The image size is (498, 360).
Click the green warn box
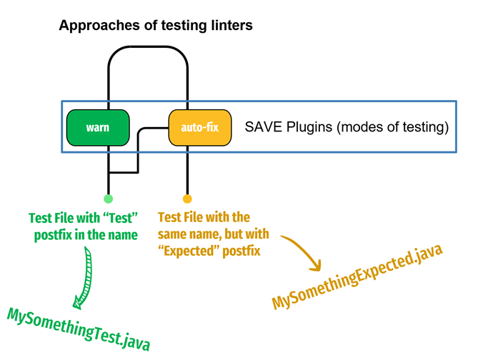tap(98, 128)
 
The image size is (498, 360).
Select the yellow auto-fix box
tap(201, 129)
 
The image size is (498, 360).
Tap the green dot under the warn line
tap(108, 199)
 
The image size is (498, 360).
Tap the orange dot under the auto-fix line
tap(187, 199)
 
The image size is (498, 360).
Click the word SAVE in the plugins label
tap(263, 129)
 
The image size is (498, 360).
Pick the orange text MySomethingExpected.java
tap(357, 276)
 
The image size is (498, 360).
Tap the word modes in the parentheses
tap(362, 129)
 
